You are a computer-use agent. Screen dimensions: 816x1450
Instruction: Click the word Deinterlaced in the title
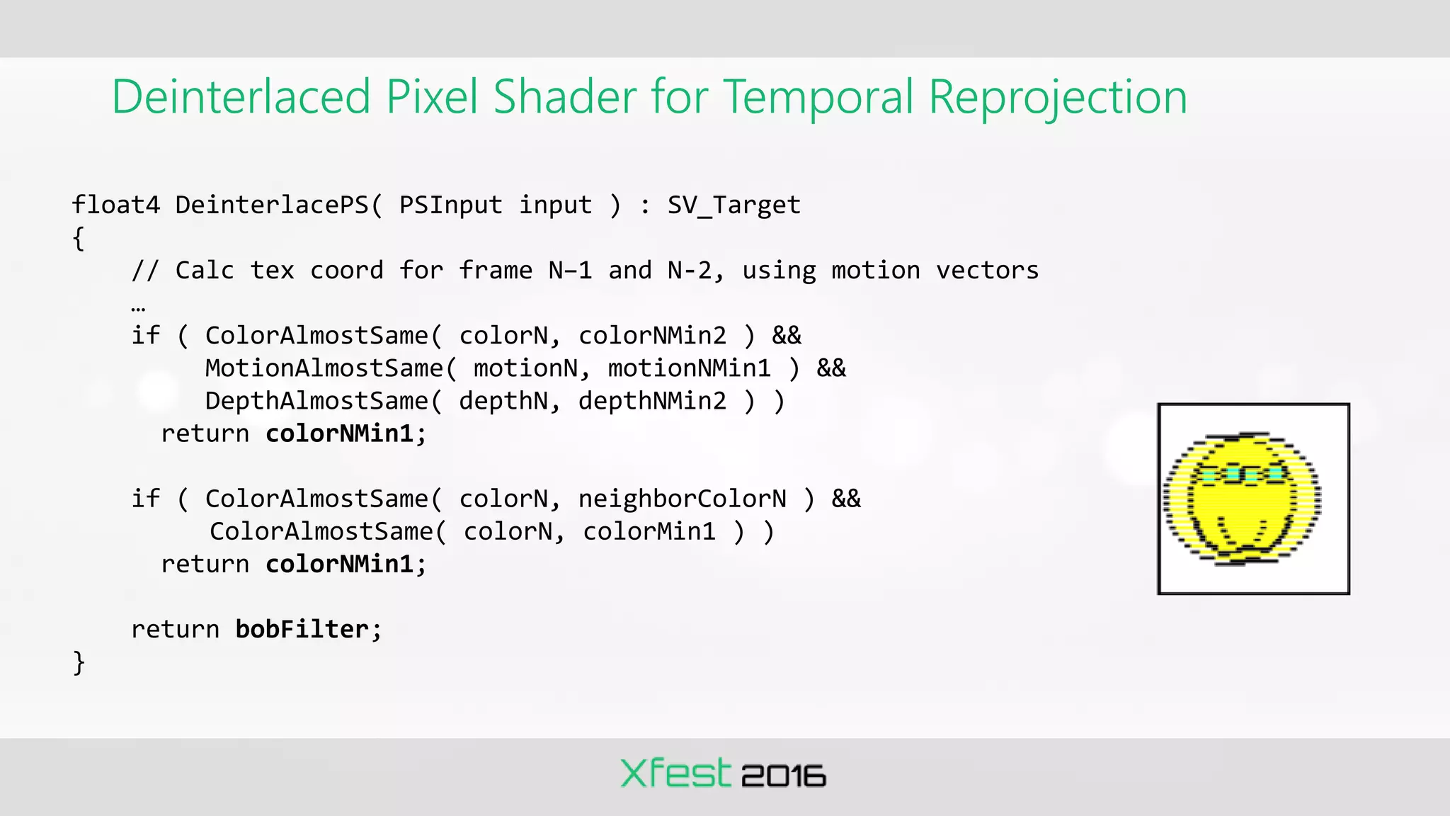tap(241, 97)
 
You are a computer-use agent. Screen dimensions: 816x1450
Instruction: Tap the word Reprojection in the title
tap(1057, 97)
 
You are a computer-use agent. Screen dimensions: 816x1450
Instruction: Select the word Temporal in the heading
tap(818, 97)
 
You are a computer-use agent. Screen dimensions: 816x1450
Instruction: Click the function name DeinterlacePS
tap(272, 205)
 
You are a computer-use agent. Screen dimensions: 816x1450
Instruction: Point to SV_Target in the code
tap(733, 205)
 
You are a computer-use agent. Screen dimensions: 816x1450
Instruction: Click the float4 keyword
tap(116, 205)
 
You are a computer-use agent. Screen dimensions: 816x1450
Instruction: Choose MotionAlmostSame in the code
tap(324, 368)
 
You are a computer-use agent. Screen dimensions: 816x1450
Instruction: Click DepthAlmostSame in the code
tap(316, 401)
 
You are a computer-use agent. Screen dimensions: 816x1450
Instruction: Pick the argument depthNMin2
tap(652, 401)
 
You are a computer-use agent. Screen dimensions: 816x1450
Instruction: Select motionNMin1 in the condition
tap(689, 368)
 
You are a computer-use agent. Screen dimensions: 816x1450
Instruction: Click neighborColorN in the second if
tap(682, 499)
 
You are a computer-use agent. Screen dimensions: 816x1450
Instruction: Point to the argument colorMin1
tap(649, 531)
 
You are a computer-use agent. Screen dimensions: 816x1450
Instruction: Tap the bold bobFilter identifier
tap(302, 629)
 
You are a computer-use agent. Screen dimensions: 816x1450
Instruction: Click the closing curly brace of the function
tap(79, 662)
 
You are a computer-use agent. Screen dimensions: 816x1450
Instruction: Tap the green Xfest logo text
tap(674, 773)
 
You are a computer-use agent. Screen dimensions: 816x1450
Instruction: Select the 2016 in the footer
tap(783, 776)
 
